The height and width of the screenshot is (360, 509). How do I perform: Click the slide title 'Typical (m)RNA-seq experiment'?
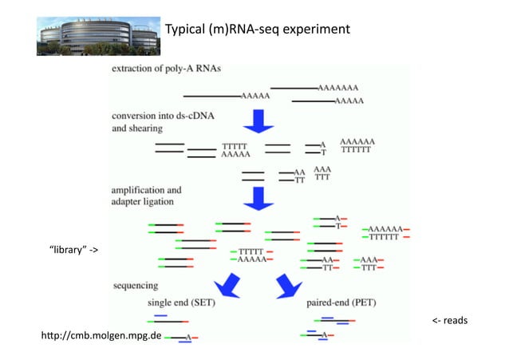[257, 30]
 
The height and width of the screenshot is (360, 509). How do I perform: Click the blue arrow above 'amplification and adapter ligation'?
[258, 197]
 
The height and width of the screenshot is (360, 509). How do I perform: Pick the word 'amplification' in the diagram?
[146, 191]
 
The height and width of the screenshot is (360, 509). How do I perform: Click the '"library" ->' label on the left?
[74, 250]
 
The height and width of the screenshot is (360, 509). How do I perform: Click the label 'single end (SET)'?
[181, 303]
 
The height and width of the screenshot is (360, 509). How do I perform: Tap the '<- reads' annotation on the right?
[449, 321]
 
